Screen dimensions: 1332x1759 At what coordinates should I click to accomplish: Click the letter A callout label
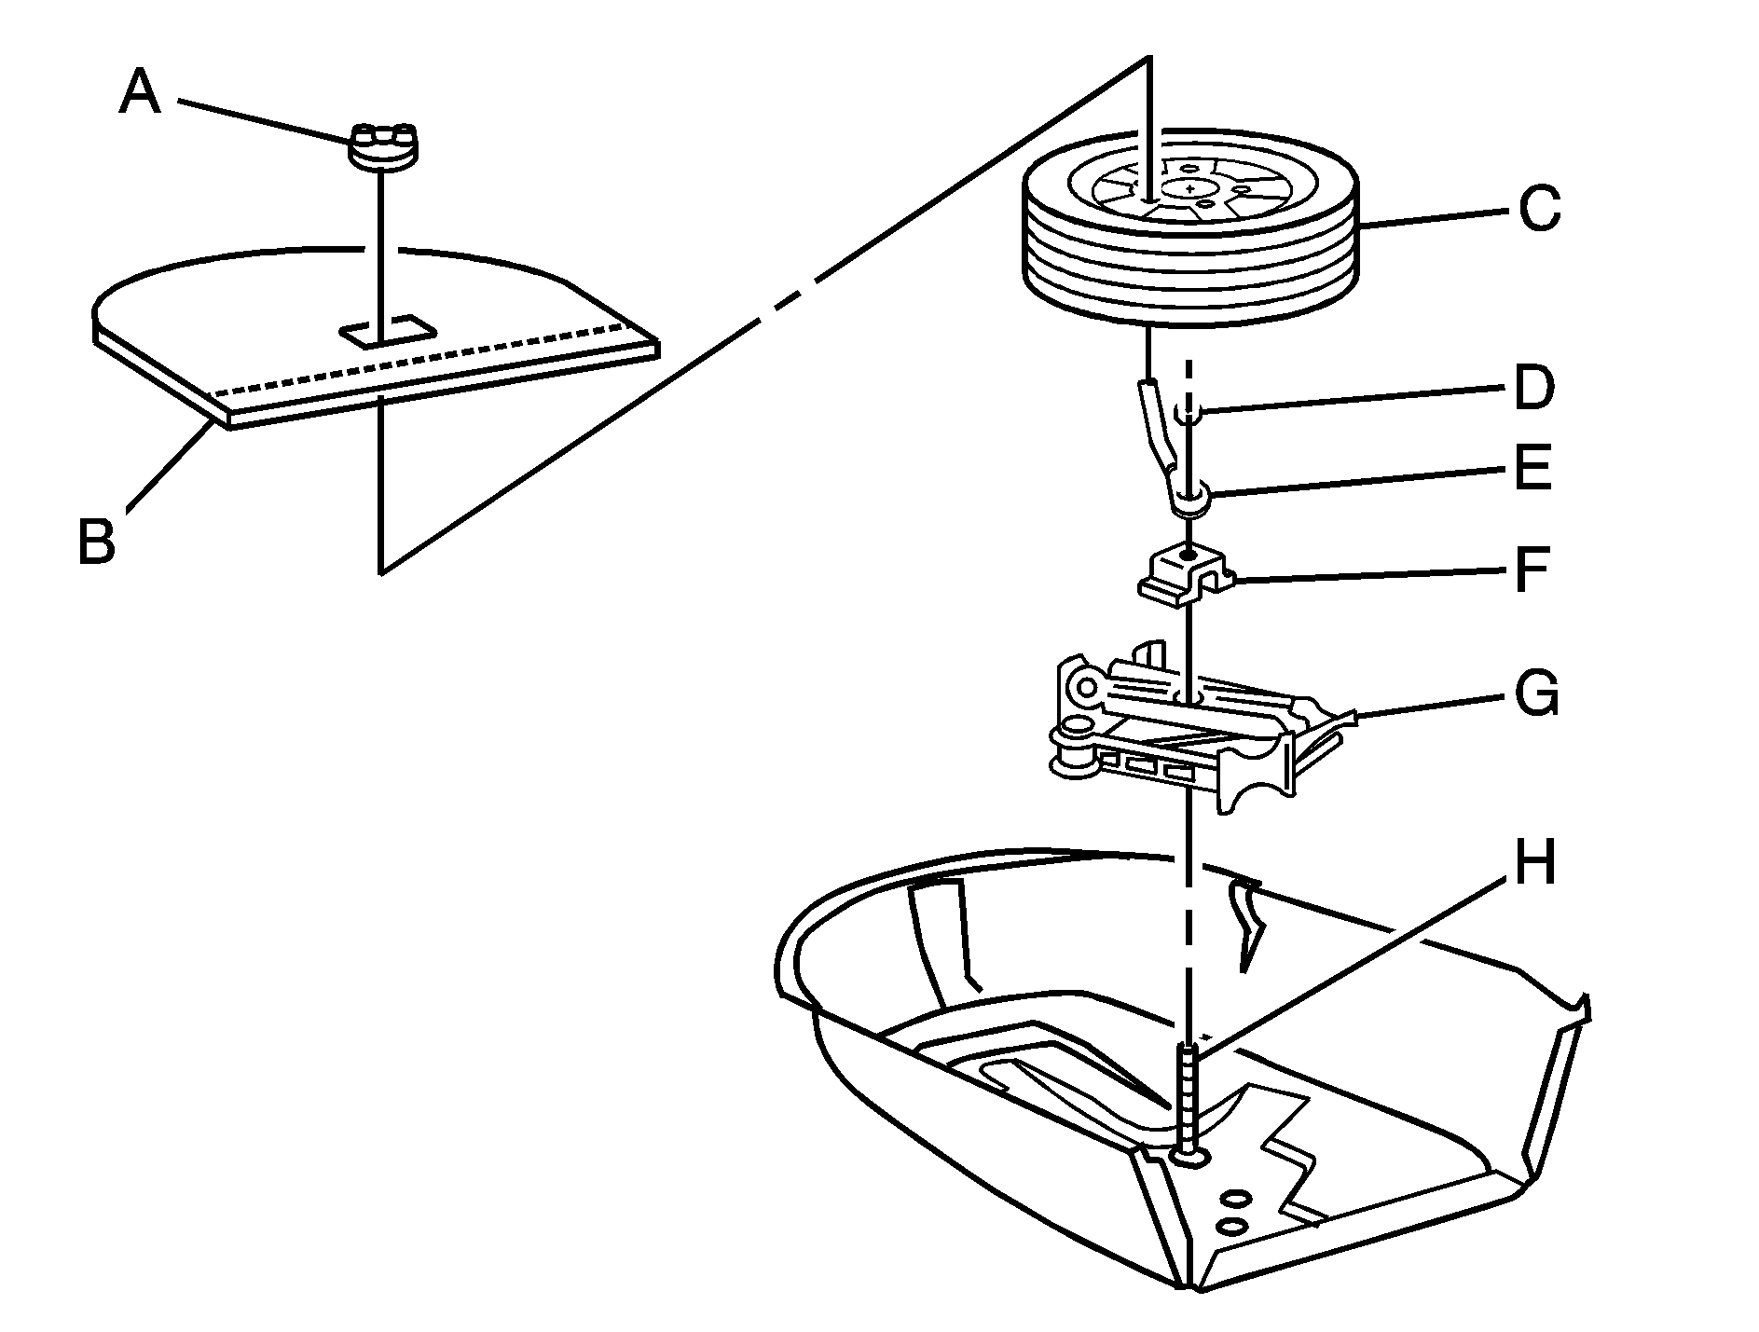coord(140,94)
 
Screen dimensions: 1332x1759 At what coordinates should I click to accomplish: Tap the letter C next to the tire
coord(1538,209)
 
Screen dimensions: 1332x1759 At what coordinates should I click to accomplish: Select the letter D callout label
coord(1534,388)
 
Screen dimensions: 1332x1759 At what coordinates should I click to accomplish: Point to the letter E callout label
coord(1532,469)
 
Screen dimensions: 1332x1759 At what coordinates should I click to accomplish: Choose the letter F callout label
coord(1531,570)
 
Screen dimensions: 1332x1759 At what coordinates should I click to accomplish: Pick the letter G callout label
coord(1535,694)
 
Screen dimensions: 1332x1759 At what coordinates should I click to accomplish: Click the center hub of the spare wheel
coord(1189,189)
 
